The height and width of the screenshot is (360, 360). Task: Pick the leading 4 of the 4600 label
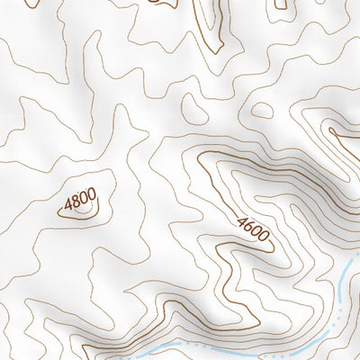click(x=242, y=222)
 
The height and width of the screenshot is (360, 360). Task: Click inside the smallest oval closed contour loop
click(x=261, y=111)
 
